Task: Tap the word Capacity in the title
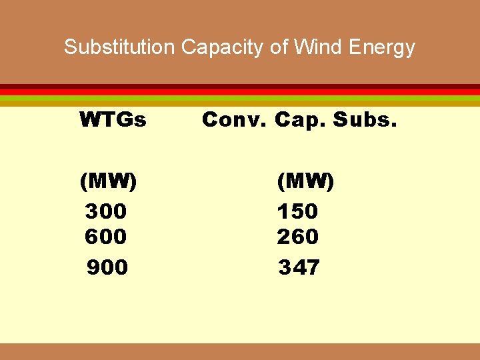coord(221,47)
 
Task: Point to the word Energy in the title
coord(382,48)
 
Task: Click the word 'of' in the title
coord(279,47)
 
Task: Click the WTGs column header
coord(113,120)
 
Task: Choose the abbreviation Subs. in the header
coord(364,120)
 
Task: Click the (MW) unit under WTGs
coord(108,181)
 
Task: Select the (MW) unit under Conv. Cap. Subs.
coord(306,181)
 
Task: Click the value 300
coord(106,211)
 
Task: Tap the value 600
coord(106,236)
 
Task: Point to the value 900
coord(107,267)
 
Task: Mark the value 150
coord(298,211)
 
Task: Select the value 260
coord(298,236)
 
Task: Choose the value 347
coord(299,267)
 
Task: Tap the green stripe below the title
coord(240,98)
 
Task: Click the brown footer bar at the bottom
coord(240,351)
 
